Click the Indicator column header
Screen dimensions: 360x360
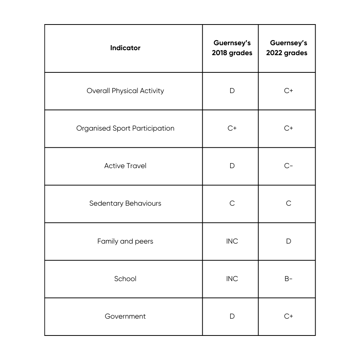(125, 48)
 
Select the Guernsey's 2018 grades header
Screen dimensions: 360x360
(232, 48)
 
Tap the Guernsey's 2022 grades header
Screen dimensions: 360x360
(287, 48)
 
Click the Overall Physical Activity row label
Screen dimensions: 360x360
(125, 91)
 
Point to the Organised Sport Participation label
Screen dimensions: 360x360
(125, 128)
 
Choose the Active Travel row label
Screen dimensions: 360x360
(125, 166)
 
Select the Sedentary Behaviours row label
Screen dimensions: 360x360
(125, 203)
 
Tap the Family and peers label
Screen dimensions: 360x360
(125, 241)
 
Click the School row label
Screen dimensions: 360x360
(125, 279)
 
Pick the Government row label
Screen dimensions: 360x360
(125, 316)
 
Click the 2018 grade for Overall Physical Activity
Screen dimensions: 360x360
(232, 91)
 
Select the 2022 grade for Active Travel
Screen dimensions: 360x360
(288, 166)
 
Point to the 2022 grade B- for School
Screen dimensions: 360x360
(288, 279)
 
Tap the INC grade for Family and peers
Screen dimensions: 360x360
(232, 241)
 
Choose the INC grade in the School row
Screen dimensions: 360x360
(232, 279)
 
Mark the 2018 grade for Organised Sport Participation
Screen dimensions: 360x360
(232, 128)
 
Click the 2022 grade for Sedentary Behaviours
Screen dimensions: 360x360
(288, 203)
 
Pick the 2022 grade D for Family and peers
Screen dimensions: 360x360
(288, 241)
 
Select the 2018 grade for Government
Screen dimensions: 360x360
(232, 316)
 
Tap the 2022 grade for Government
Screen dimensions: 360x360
(288, 316)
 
